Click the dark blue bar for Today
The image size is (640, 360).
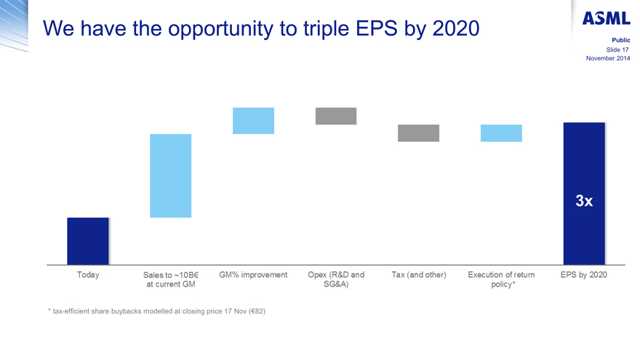tap(88, 241)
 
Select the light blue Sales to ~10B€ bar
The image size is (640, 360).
tap(171, 175)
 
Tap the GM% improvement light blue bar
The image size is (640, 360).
tap(253, 121)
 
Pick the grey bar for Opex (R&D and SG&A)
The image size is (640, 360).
tap(336, 116)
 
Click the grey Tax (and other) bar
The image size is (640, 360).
tap(418, 133)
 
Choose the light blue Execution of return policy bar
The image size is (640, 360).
tap(501, 133)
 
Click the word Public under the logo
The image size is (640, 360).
tap(620, 39)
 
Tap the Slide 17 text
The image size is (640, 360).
tap(617, 49)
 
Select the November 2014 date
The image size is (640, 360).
tap(608, 58)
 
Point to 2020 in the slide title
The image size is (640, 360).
tap(456, 29)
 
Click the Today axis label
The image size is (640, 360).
tap(88, 276)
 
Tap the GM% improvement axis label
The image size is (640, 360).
tap(253, 276)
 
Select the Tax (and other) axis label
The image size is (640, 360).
tap(418, 276)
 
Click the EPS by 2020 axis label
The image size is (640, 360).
tap(584, 276)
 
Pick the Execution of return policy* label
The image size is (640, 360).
tap(501, 280)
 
